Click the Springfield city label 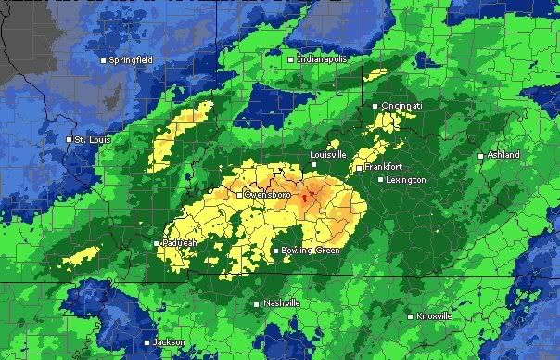[x=131, y=60]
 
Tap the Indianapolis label [x=322, y=59]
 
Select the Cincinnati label [x=402, y=106]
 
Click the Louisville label [x=328, y=153]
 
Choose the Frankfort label [x=384, y=168]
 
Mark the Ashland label [x=503, y=155]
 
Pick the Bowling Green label [x=311, y=251]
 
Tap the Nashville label [x=282, y=303]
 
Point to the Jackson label [x=170, y=341]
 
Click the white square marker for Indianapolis [x=290, y=59]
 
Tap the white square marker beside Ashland [x=480, y=155]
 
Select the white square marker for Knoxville [x=410, y=316]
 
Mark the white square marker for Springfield [x=103, y=60]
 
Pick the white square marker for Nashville [x=257, y=303]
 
